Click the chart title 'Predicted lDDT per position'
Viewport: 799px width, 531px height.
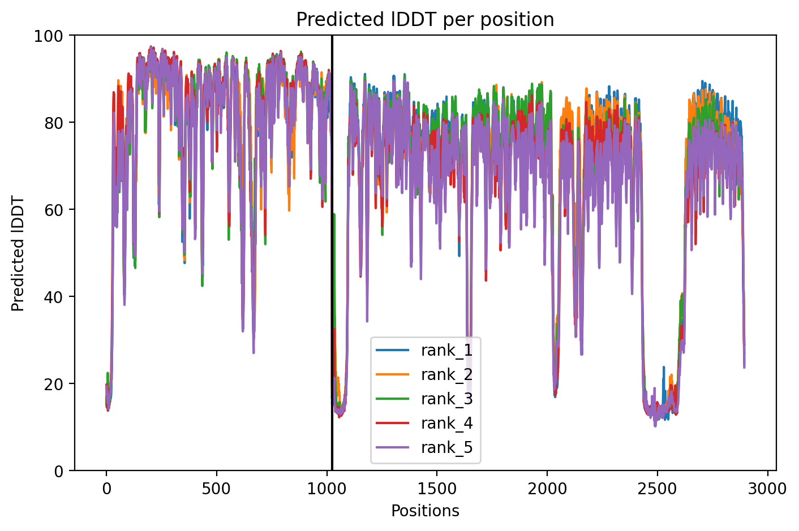tap(425, 19)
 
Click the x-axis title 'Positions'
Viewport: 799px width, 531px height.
tap(425, 511)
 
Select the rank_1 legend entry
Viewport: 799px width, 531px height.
tap(424, 350)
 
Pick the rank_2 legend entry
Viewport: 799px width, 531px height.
tap(424, 374)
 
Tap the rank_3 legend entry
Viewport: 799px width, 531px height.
tap(424, 399)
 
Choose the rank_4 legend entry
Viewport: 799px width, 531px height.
tap(424, 423)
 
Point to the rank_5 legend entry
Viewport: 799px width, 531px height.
tap(424, 447)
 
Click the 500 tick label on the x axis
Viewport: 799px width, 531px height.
tap(216, 489)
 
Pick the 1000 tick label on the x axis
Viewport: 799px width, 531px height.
tap(327, 489)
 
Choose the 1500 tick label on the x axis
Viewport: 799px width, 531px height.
tap(437, 489)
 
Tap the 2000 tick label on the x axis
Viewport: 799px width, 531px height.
tap(547, 489)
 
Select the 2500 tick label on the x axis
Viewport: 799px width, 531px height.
tap(658, 489)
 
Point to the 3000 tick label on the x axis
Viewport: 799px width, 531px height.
tap(768, 489)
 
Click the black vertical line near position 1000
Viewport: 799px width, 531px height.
tap(332, 253)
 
